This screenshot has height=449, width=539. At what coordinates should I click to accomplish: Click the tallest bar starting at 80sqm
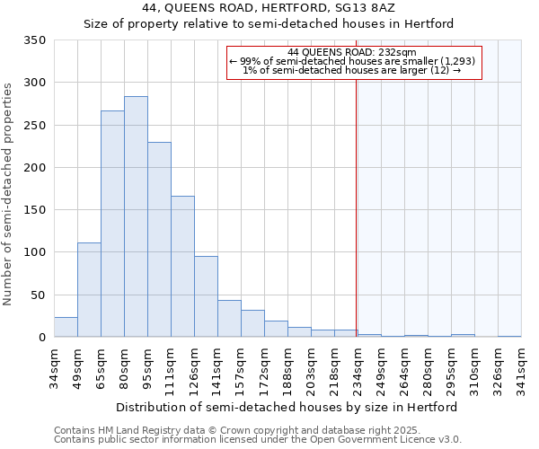click(136, 216)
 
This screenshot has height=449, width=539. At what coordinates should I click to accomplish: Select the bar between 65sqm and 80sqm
click(112, 224)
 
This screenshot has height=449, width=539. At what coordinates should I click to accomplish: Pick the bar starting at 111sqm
click(182, 267)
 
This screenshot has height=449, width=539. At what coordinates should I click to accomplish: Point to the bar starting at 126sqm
click(206, 297)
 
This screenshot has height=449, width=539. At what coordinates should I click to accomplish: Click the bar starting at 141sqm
click(229, 319)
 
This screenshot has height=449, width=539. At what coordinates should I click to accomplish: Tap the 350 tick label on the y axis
click(34, 40)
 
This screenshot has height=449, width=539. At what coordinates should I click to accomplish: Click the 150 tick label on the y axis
click(34, 210)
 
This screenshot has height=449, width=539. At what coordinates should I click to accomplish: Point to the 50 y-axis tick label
click(38, 295)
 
